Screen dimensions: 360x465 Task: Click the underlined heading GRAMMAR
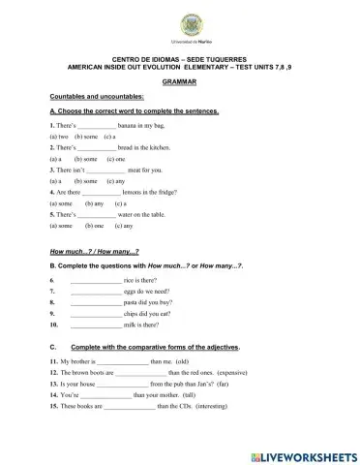(180, 84)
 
